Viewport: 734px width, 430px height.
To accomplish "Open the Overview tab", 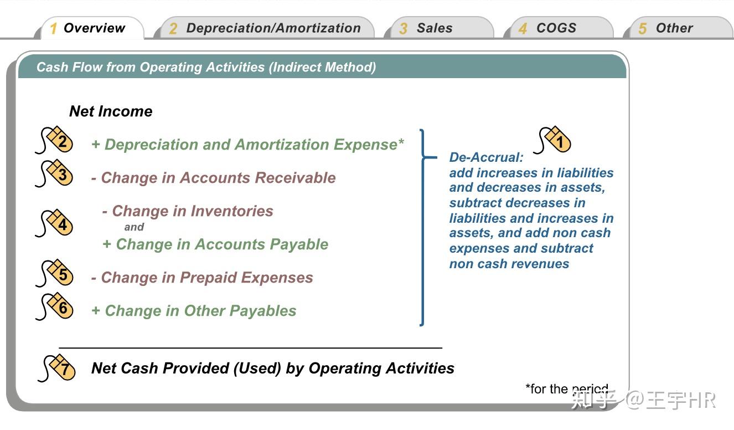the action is coord(92,28).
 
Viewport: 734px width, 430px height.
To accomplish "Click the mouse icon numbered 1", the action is coord(552,140).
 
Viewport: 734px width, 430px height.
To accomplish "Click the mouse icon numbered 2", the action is coord(54,140).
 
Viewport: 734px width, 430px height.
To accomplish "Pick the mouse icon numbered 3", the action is coord(54,173).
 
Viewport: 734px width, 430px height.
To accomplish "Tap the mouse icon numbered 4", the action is coord(54,223).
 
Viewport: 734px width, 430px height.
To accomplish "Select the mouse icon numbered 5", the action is coord(54,273).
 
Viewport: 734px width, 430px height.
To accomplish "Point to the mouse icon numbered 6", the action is coord(54,306).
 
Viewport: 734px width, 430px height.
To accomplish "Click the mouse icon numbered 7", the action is coord(56,368).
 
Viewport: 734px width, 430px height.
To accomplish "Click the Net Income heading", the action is coord(111,111).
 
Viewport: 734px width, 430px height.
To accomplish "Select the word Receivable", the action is coord(295,178).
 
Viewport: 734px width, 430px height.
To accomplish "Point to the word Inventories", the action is coord(232,211).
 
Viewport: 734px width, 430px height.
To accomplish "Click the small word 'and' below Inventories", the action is coord(134,227).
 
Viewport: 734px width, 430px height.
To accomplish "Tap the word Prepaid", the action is coord(206,278).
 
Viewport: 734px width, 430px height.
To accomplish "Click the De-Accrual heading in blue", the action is coord(486,157).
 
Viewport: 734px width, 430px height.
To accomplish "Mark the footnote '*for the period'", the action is coord(567,389).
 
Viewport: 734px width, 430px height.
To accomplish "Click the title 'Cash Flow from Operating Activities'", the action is coord(151,67).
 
